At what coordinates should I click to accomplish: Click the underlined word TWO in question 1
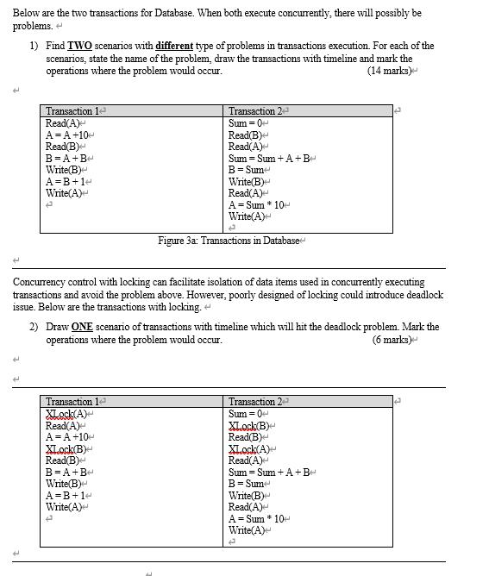pyautogui.click(x=80, y=46)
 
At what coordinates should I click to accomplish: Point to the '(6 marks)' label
pyautogui.click(x=393, y=340)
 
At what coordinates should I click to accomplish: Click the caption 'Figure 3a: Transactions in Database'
pyautogui.click(x=228, y=241)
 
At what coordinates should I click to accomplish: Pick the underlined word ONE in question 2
pyautogui.click(x=82, y=328)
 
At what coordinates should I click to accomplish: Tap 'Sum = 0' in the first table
pyautogui.click(x=247, y=123)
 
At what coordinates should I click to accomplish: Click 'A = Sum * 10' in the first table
pyautogui.click(x=258, y=204)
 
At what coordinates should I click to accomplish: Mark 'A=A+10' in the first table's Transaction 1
pyautogui.click(x=68, y=135)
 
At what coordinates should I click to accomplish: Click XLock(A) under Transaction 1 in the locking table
pyautogui.click(x=66, y=414)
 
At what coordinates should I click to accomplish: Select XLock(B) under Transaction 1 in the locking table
pyautogui.click(x=66, y=448)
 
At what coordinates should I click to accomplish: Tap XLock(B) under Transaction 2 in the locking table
pyautogui.click(x=249, y=426)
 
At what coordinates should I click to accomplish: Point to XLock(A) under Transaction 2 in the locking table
pyautogui.click(x=249, y=448)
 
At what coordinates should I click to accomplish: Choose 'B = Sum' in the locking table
pyautogui.click(x=247, y=484)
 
